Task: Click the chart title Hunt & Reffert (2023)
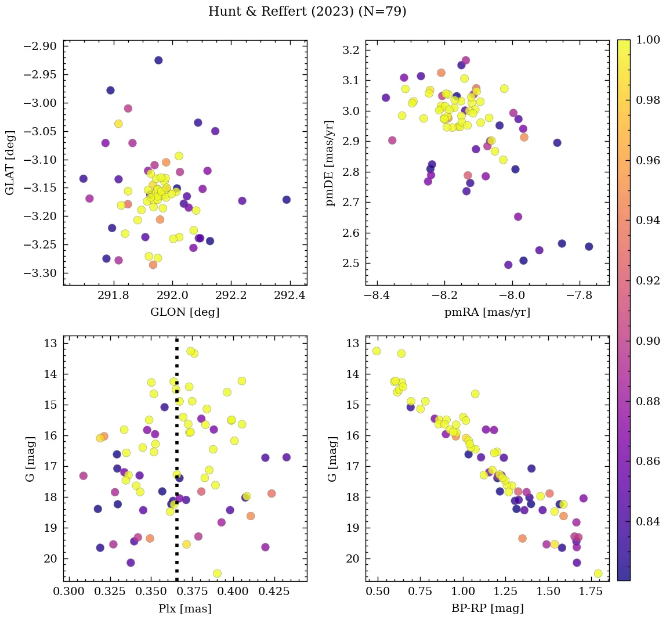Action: click(x=307, y=12)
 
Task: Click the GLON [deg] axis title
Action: click(x=184, y=312)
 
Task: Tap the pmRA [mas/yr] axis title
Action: click(x=487, y=312)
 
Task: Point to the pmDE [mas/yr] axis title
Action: click(x=330, y=163)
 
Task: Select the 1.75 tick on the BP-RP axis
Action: click(x=589, y=592)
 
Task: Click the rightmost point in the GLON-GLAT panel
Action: click(x=287, y=200)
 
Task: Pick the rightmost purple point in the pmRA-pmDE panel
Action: click(x=589, y=247)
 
